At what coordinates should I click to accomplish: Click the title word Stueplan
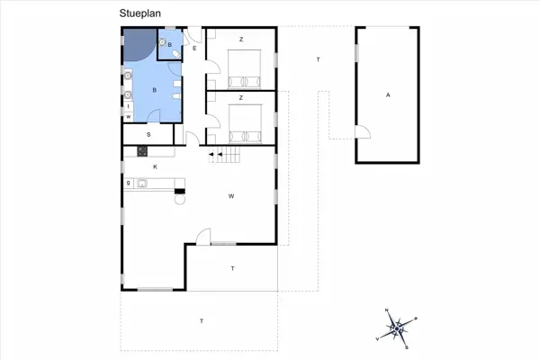pos(138,13)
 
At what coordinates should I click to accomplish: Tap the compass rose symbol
pos(397,328)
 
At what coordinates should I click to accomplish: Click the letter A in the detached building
pos(388,94)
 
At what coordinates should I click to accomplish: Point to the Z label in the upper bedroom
pos(241,40)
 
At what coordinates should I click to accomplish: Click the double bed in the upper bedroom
pos(246,66)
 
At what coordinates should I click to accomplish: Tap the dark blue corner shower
pos(137,43)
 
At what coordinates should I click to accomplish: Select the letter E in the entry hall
pos(194,48)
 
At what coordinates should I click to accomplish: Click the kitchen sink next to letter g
pos(142,184)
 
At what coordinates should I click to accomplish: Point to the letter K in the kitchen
pos(155,167)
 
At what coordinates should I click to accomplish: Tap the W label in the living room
pos(231,195)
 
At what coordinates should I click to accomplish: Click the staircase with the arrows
pos(226,156)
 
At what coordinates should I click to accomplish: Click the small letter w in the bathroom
pos(129,117)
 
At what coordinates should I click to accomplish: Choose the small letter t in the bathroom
pos(129,106)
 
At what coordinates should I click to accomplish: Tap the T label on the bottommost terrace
pos(202,321)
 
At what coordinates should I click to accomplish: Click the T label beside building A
pos(318,59)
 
